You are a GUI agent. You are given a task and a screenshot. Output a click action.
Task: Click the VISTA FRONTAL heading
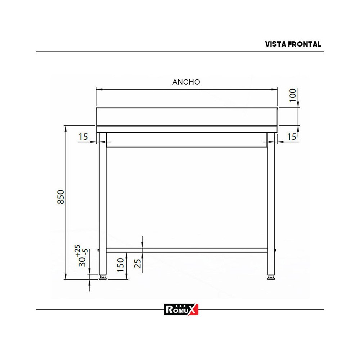[293, 44]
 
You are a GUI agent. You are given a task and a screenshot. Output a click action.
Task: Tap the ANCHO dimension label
[186, 82]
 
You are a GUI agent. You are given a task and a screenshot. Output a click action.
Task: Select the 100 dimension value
[293, 95]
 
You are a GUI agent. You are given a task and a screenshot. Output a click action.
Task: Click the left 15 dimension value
[83, 137]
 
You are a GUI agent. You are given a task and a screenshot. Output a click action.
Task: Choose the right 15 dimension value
[292, 137]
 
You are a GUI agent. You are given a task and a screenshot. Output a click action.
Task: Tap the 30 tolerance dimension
[80, 256]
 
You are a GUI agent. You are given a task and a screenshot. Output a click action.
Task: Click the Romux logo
[181, 309]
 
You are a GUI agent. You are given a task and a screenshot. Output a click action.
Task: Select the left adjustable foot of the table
[103, 277]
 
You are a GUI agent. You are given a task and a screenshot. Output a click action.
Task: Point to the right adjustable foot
[271, 277]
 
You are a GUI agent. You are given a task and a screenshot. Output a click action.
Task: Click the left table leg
[103, 202]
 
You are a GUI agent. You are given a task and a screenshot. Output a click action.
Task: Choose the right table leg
[271, 202]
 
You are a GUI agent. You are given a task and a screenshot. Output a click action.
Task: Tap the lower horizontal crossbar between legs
[186, 250]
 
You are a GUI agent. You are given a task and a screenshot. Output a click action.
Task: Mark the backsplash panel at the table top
[186, 116]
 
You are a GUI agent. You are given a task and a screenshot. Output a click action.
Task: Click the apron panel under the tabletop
[186, 140]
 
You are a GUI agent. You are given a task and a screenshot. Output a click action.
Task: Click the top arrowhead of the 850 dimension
[65, 127]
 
